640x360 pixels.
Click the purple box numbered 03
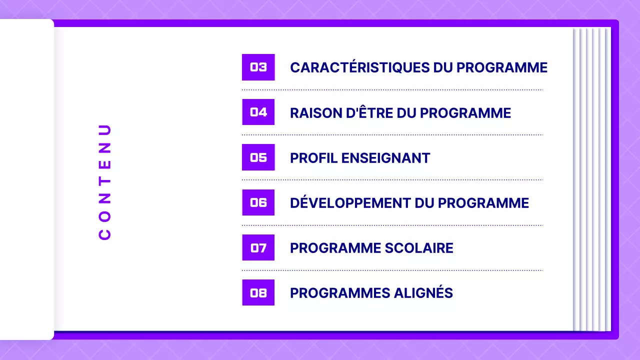pyautogui.click(x=258, y=67)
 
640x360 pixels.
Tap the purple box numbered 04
pyautogui.click(x=258, y=112)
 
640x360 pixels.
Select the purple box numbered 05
pyautogui.click(x=258, y=157)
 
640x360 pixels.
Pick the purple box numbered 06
pyautogui.click(x=258, y=202)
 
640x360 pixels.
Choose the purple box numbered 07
pyautogui.click(x=258, y=247)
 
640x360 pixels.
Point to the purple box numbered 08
pyautogui.click(x=258, y=292)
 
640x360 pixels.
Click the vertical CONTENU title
pyautogui.click(x=105, y=182)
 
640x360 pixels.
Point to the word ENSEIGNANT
pyautogui.click(x=385, y=158)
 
